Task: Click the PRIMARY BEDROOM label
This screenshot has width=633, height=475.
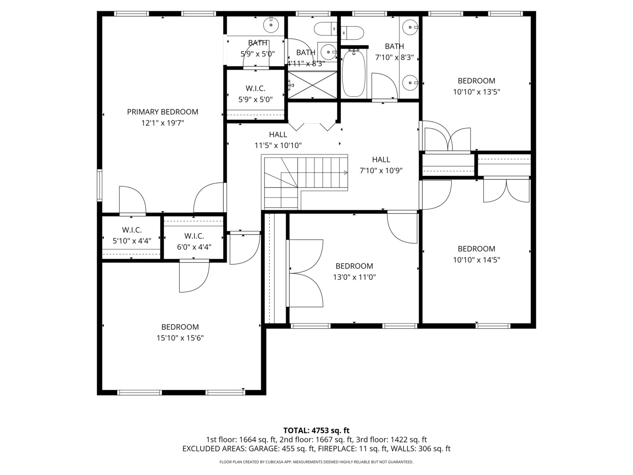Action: pyautogui.click(x=163, y=112)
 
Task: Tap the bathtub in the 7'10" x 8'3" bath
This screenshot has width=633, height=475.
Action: pyautogui.click(x=353, y=73)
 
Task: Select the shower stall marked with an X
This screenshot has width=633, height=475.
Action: pyautogui.click(x=312, y=85)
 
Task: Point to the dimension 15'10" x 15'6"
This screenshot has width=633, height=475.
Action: pyautogui.click(x=180, y=338)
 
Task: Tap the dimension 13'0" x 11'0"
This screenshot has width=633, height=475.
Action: pyautogui.click(x=354, y=277)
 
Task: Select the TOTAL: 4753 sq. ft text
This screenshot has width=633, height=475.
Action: pyautogui.click(x=316, y=431)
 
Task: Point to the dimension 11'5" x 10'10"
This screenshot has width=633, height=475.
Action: pyautogui.click(x=278, y=146)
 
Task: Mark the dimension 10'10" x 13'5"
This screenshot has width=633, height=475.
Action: pyautogui.click(x=477, y=92)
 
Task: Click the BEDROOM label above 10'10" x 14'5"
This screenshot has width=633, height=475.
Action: pyautogui.click(x=477, y=249)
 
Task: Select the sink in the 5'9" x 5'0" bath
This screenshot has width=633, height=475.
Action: pyautogui.click(x=271, y=25)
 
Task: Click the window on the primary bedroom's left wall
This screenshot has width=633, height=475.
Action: pyautogui.click(x=99, y=185)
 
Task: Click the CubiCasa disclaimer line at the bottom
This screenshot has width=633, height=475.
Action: pyautogui.click(x=316, y=462)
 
